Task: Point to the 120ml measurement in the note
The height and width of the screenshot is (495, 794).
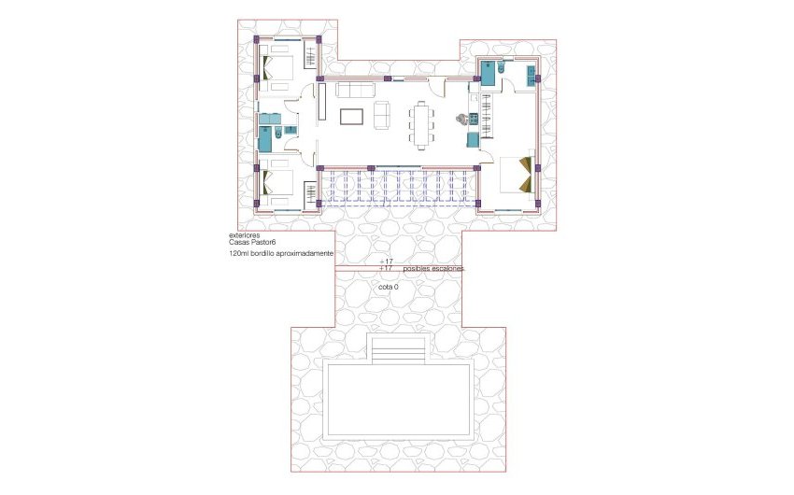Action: click(237, 253)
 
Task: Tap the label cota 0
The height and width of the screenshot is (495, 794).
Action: click(390, 286)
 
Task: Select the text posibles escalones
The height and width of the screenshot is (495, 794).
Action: click(432, 268)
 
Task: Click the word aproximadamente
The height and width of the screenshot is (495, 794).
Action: click(304, 253)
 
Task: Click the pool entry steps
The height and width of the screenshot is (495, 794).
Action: click(399, 350)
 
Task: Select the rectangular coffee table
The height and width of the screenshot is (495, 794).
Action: click(352, 117)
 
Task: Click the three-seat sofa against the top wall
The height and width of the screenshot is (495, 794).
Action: click(355, 90)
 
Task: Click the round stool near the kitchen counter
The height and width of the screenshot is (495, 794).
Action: click(461, 120)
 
